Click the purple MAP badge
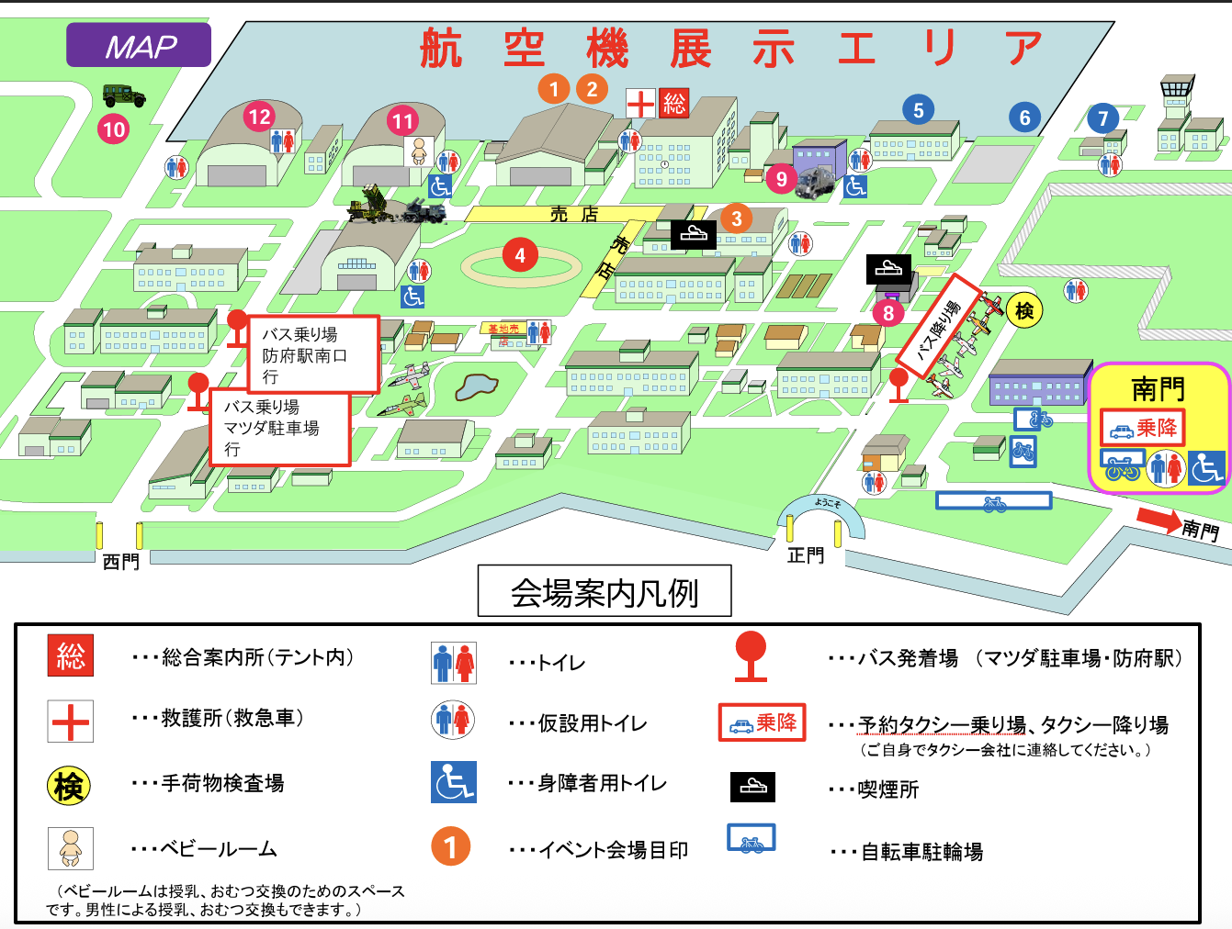(x=139, y=45)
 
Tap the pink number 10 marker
(x=113, y=129)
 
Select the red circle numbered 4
(x=520, y=255)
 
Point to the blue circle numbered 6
(x=1024, y=118)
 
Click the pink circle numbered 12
(x=260, y=117)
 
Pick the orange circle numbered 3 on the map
(x=736, y=218)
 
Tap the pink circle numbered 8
(x=887, y=313)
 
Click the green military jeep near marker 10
(x=124, y=95)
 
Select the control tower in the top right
(x=1176, y=92)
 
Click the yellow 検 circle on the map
(x=1024, y=311)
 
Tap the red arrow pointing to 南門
(x=1159, y=520)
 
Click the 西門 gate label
(x=120, y=561)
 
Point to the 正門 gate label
(x=806, y=555)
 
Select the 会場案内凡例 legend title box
(x=605, y=592)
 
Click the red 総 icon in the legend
(x=71, y=655)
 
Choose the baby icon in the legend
(x=71, y=847)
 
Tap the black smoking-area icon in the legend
(x=752, y=787)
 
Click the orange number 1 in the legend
(x=450, y=846)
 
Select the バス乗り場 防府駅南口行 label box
(x=313, y=353)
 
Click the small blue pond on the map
(x=475, y=386)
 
